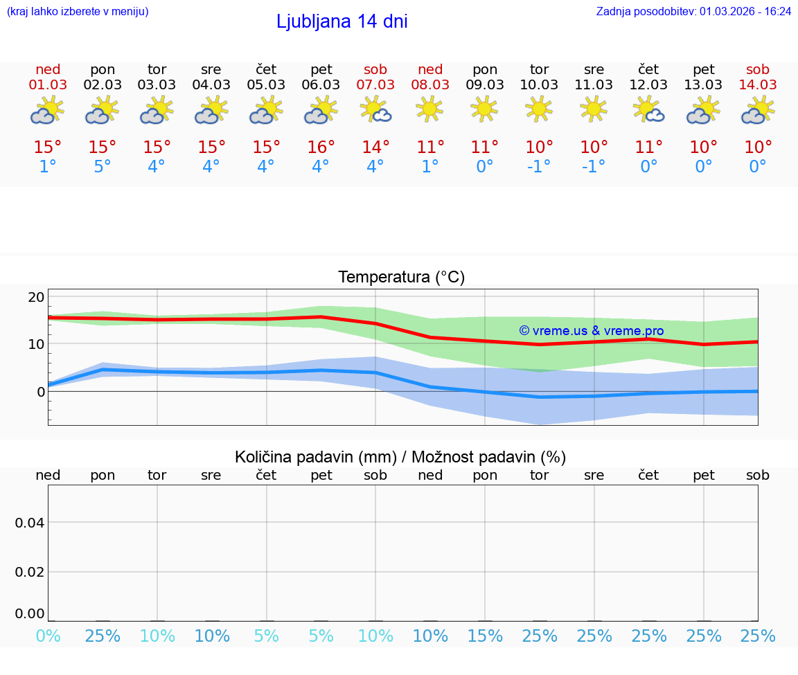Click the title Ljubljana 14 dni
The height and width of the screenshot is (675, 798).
click(x=342, y=21)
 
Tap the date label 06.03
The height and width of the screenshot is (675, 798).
click(x=321, y=84)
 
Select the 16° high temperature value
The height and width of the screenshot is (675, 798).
click(x=321, y=147)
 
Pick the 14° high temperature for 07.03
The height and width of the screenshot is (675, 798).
click(x=375, y=147)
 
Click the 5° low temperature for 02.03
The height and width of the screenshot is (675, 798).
click(x=103, y=166)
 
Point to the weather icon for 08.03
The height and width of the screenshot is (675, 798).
click(x=429, y=109)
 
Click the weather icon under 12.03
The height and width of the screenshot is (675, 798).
click(x=649, y=109)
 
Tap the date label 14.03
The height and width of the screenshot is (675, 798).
click(x=758, y=84)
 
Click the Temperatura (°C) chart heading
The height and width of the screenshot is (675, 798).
click(x=401, y=278)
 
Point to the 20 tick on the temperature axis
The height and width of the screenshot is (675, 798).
click(x=36, y=297)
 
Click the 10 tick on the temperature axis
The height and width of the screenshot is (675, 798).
click(x=36, y=344)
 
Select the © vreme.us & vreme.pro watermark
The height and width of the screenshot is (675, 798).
click(x=591, y=331)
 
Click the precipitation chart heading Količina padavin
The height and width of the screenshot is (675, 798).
click(x=400, y=457)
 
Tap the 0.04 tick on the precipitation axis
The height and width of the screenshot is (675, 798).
click(x=30, y=523)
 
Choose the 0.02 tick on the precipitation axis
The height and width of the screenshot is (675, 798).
click(x=30, y=572)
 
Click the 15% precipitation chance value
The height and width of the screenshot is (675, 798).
click(x=485, y=636)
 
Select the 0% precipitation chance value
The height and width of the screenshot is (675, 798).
click(x=48, y=636)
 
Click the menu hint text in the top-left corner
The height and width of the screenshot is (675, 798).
click(x=78, y=11)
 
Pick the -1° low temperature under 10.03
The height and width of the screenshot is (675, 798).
click(x=539, y=166)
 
